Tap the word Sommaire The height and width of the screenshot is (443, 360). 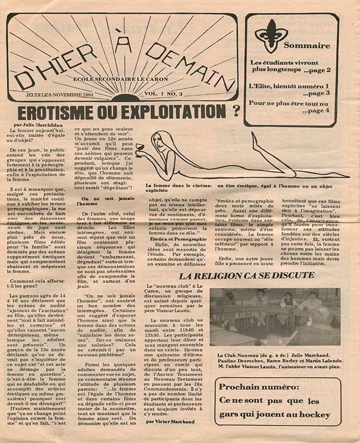point(307,45)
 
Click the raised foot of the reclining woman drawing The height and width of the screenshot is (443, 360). point(256,137)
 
